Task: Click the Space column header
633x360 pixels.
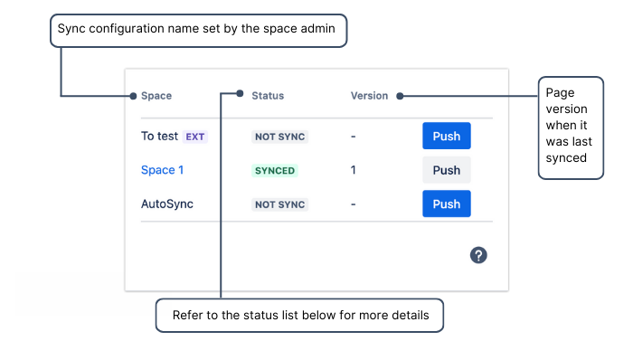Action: (x=156, y=96)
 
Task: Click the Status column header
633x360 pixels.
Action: (x=268, y=96)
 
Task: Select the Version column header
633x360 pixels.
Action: (x=369, y=96)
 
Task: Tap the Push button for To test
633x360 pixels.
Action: (x=447, y=137)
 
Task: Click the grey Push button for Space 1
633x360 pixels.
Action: (x=447, y=170)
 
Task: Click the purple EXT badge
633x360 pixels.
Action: (x=195, y=137)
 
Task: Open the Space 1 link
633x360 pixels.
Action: (x=163, y=170)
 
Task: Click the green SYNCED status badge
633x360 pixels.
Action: (x=274, y=170)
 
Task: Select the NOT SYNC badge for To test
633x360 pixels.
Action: (x=279, y=137)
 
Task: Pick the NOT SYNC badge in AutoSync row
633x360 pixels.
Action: (x=279, y=204)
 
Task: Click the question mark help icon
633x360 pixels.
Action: (x=478, y=255)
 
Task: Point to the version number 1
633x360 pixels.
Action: (x=354, y=170)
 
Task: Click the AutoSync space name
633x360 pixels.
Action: (x=167, y=204)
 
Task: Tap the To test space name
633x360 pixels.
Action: (x=159, y=137)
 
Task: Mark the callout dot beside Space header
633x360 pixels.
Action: (x=133, y=96)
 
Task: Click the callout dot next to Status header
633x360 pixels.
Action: (x=241, y=92)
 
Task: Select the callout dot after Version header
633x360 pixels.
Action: (x=400, y=96)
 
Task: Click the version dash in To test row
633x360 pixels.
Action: (x=354, y=137)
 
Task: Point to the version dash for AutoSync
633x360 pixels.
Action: (x=354, y=204)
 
